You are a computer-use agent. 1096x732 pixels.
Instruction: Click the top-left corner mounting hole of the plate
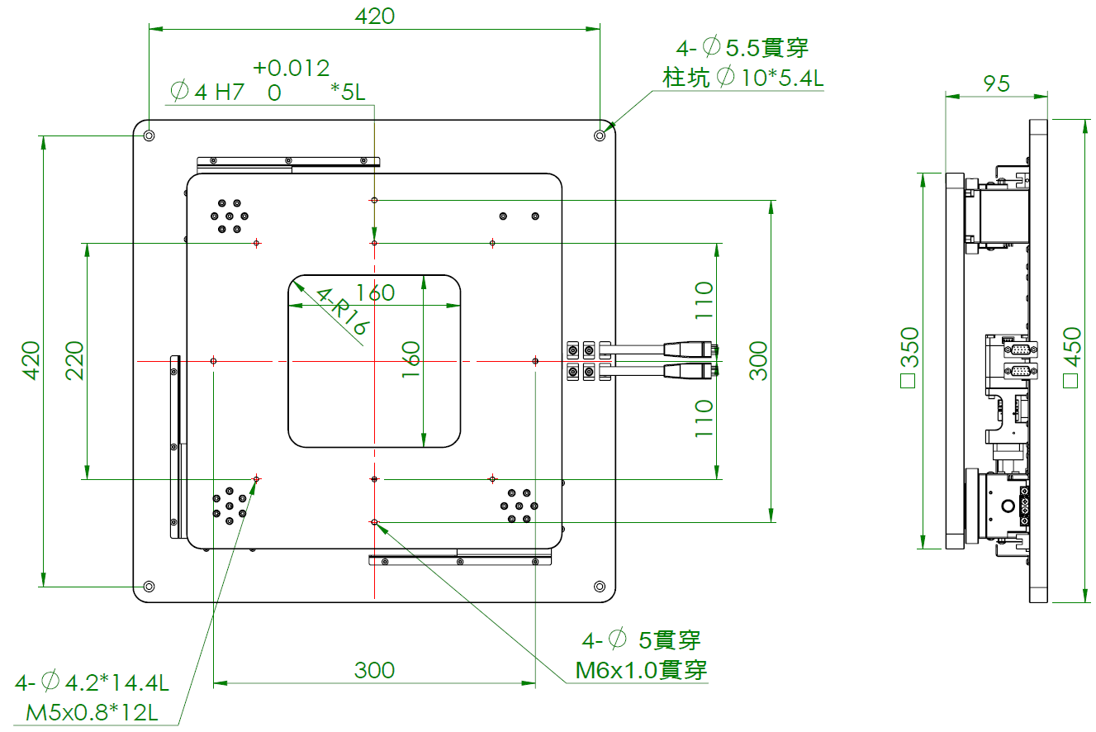149,135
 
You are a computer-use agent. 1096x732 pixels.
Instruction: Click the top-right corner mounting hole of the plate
600,135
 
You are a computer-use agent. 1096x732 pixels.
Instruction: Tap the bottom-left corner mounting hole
149,586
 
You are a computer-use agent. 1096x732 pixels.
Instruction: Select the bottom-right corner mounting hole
600,586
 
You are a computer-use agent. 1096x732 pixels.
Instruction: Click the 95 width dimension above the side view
997,83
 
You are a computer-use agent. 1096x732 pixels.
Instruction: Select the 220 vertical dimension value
75,360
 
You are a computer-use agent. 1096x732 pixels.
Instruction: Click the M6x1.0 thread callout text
641,669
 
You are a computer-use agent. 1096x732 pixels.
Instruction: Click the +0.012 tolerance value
291,68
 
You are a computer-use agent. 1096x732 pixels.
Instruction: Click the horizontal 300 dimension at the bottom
374,670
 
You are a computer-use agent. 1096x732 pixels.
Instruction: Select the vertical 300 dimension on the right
758,360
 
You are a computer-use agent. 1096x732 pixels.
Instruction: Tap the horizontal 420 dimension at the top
374,16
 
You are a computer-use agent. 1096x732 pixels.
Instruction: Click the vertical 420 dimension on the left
31,360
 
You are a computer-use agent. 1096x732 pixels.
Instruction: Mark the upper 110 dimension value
703,301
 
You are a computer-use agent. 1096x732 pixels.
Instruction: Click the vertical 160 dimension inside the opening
410,360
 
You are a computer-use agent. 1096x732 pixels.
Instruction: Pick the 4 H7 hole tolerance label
208,92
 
